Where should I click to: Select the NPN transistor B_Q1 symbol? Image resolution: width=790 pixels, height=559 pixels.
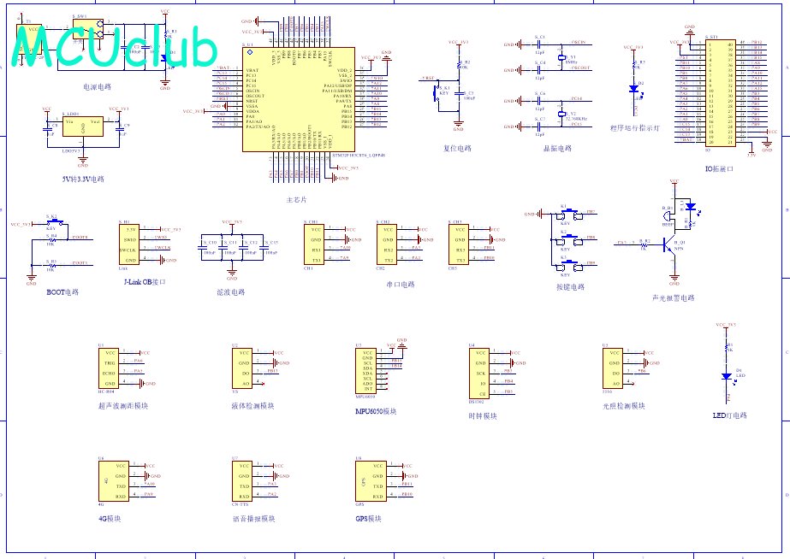tap(671, 244)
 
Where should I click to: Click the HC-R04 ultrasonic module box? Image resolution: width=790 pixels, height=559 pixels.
tap(110, 368)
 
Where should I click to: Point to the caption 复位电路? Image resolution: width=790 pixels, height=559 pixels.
tap(457, 148)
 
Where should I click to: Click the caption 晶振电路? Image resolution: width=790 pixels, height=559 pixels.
tap(556, 148)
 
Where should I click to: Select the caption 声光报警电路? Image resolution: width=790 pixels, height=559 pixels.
tap(673, 298)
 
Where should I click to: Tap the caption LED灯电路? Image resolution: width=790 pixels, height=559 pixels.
tap(729, 415)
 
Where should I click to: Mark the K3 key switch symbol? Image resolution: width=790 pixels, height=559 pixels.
tap(565, 263)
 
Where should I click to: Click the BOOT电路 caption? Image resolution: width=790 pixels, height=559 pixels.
tap(62, 291)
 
